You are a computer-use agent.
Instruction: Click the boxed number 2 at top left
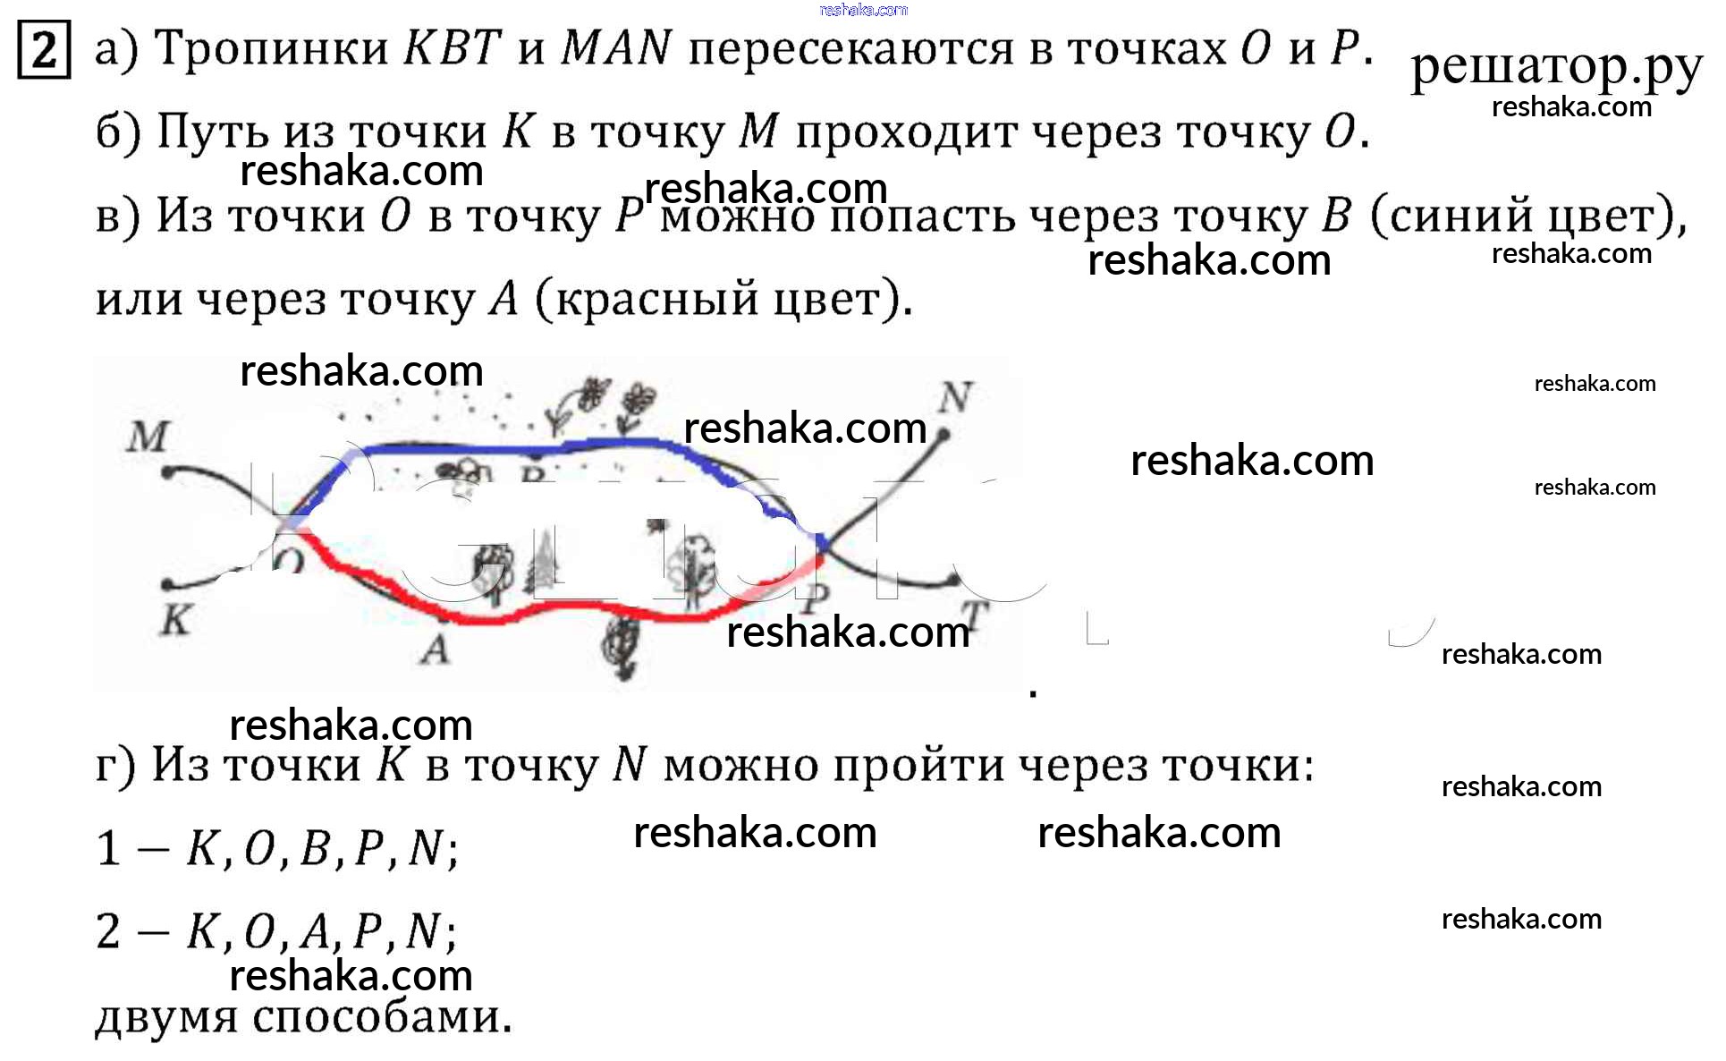coord(43,51)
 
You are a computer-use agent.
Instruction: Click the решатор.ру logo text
coord(1555,66)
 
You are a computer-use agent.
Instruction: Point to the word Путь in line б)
coord(213,132)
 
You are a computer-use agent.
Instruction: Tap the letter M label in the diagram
coord(148,437)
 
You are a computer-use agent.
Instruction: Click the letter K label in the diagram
coord(176,619)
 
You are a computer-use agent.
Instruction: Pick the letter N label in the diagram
coord(955,396)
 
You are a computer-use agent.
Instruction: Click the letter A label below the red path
coord(436,649)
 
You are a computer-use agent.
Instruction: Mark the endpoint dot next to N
coord(943,435)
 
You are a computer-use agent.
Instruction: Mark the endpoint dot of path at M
coord(167,472)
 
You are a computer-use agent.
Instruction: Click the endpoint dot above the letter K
coord(167,585)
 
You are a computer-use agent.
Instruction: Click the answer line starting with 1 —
coord(277,847)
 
